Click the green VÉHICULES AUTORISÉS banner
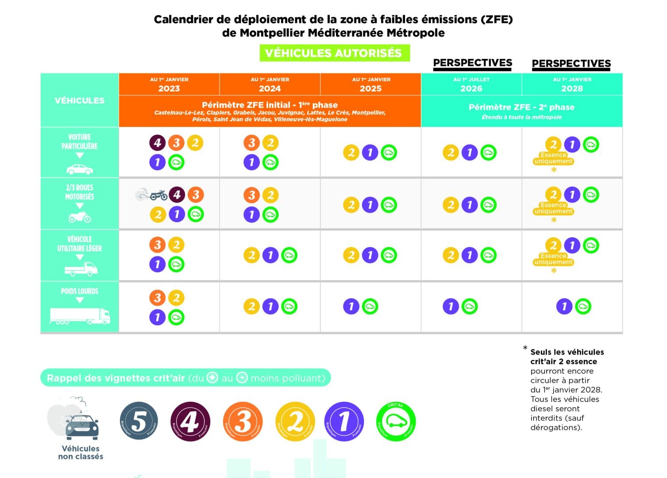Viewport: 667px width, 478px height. pos(334,53)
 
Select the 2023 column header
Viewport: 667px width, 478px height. pos(169,85)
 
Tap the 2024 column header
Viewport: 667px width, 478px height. pos(270,85)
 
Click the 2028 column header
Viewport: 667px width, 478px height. pos(572,85)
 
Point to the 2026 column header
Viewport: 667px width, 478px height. pos(471,85)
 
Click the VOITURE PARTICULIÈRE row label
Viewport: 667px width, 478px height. pos(80,142)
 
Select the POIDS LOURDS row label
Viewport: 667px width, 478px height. pos(80,291)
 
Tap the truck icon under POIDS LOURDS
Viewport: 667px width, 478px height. pos(80,316)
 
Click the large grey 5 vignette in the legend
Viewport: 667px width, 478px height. pos(139,421)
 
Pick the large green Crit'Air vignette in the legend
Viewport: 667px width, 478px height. pos(396,421)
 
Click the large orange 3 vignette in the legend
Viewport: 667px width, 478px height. pos(243,421)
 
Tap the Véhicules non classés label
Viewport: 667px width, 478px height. pos(81,452)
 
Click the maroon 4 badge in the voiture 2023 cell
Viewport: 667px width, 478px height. pos(157,143)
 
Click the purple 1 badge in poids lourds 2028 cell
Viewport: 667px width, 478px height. pos(564,306)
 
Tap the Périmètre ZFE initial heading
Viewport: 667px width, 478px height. pos(270,105)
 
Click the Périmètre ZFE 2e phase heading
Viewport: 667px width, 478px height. pos(521,108)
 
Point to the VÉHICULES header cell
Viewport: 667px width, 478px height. pos(80,100)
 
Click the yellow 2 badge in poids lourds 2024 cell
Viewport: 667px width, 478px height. pos(251,306)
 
